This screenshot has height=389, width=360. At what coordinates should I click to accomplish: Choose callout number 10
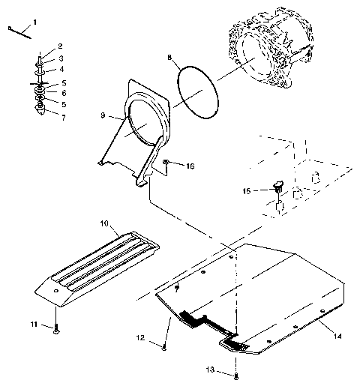[x=104, y=223]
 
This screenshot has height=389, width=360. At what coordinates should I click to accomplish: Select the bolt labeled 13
[x=236, y=374]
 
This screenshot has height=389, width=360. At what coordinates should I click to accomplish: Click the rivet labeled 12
[x=164, y=345]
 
